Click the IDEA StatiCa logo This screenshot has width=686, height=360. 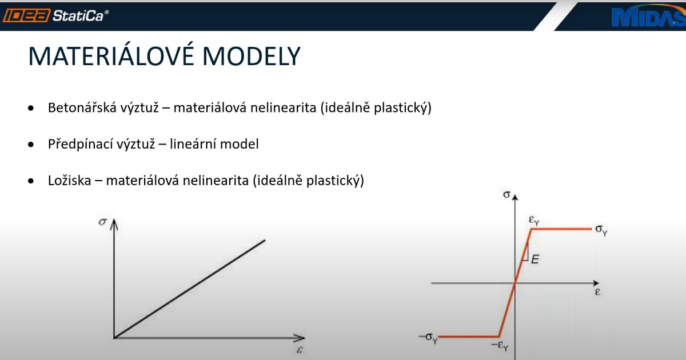(56, 15)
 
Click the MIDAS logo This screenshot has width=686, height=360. (649, 17)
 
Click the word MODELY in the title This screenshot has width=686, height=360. (252, 57)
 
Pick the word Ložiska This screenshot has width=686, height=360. (70, 181)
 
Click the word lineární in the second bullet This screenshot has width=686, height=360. (193, 144)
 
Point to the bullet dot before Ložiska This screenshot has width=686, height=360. (31, 181)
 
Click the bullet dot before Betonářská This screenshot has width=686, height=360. (31, 108)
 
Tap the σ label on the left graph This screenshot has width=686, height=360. (102, 222)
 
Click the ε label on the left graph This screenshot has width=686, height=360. (300, 350)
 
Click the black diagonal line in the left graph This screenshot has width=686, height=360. (190, 289)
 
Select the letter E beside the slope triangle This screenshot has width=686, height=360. (535, 259)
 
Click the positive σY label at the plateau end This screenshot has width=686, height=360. (601, 230)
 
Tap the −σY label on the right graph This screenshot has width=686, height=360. (428, 338)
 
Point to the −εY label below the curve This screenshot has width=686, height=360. (500, 346)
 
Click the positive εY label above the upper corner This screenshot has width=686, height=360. (534, 220)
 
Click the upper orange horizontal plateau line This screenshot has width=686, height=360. (561, 229)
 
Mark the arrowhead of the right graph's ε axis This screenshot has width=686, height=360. (596, 283)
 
